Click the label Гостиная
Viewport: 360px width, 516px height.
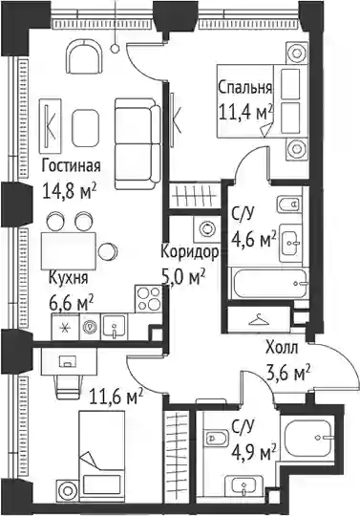click(x=71, y=166)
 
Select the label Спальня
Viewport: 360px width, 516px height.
click(x=244, y=88)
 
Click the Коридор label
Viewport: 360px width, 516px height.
click(x=190, y=252)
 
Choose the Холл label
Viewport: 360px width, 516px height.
click(x=282, y=348)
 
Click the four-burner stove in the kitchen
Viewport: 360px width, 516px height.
click(x=148, y=299)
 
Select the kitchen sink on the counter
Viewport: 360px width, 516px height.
click(x=114, y=327)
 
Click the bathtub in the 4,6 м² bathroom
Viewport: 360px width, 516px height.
click(x=269, y=283)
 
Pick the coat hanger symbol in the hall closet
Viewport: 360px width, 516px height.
click(x=259, y=319)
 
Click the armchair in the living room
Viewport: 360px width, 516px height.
click(x=85, y=57)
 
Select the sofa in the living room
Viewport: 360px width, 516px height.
click(x=138, y=143)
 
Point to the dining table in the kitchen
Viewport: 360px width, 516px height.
click(x=69, y=250)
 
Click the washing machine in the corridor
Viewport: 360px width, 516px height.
click(x=207, y=227)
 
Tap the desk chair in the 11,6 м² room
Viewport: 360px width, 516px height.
click(x=68, y=387)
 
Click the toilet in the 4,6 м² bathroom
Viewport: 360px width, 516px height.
click(x=289, y=204)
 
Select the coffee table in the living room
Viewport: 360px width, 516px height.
click(x=85, y=128)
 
